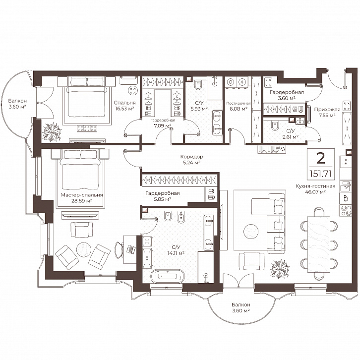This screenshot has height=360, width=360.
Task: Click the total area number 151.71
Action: click(x=320, y=174)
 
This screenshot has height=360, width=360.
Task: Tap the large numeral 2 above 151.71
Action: click(x=320, y=158)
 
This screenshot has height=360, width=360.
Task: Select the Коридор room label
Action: click(x=192, y=157)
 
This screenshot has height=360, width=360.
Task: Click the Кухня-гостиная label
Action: click(x=315, y=186)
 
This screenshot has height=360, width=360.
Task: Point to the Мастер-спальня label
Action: click(x=82, y=195)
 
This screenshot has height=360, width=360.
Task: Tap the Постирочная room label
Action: click(x=239, y=103)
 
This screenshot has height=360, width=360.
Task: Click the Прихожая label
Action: click(x=324, y=110)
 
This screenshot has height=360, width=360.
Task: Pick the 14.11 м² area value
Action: click(x=176, y=253)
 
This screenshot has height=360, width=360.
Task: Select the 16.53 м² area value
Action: click(x=124, y=109)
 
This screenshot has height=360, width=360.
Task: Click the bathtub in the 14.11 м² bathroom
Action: click(x=168, y=276)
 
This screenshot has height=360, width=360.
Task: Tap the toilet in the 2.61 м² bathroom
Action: click(x=274, y=126)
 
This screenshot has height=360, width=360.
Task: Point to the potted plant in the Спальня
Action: click(x=53, y=131)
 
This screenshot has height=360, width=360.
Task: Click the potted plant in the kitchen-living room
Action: click(x=280, y=269)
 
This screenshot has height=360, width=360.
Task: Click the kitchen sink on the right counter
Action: click(x=345, y=186)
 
